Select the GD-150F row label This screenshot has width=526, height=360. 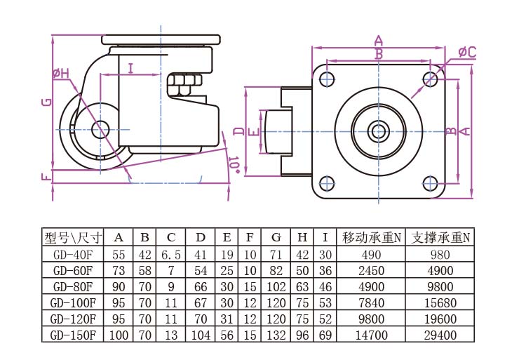[73, 335]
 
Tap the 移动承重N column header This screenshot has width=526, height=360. [372, 237]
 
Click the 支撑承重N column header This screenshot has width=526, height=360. [440, 237]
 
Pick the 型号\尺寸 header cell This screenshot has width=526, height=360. [73, 237]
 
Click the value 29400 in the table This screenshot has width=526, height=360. [440, 335]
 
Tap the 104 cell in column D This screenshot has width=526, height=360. [201, 335]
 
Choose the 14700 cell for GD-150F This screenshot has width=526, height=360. [372, 335]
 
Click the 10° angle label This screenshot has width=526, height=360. [234, 164]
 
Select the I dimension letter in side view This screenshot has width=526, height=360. [130, 67]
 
